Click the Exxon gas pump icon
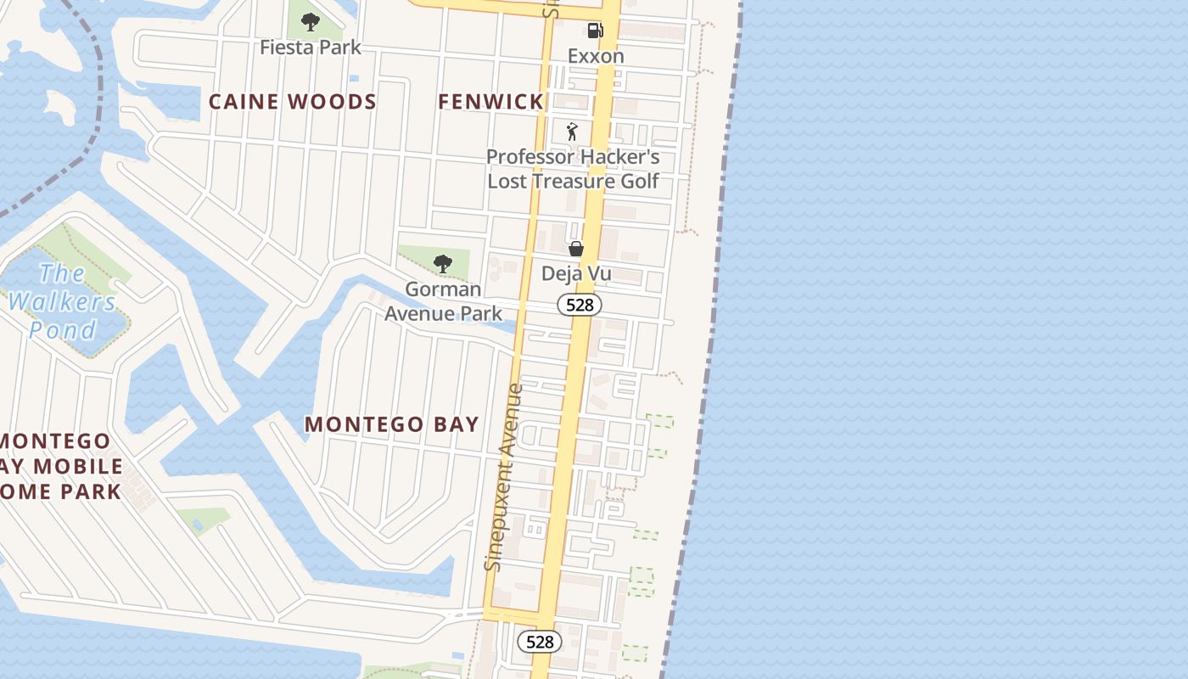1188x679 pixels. [x=595, y=31]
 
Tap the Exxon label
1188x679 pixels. [x=596, y=56]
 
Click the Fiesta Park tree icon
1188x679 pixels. [x=311, y=22]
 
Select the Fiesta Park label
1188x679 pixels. [x=311, y=48]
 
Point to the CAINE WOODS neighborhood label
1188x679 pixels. [x=293, y=102]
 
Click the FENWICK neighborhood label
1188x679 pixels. [x=490, y=102]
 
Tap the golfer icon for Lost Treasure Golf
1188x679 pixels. [x=572, y=132]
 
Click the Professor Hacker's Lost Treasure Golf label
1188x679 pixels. [x=573, y=169]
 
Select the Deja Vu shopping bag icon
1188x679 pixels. [x=576, y=249]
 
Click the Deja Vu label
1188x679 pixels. [x=576, y=274]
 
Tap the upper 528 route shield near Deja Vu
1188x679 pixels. [x=580, y=305]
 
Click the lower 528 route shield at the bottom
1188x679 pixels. [x=540, y=642]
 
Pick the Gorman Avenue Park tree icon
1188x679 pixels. [x=442, y=264]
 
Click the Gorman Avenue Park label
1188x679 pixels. [x=443, y=301]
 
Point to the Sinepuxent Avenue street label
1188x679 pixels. [x=505, y=477]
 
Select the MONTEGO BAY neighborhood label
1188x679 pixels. [x=392, y=424]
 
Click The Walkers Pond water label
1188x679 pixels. [x=62, y=301]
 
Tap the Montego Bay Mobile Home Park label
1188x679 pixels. [x=59, y=466]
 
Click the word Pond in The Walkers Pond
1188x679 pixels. [x=63, y=329]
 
